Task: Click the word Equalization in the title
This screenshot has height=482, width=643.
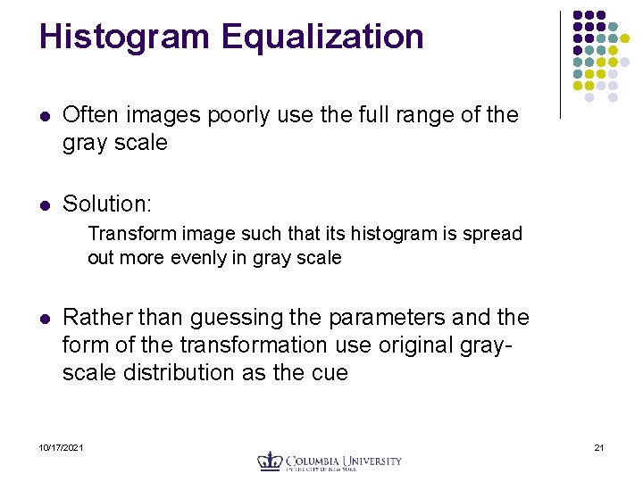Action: (322, 37)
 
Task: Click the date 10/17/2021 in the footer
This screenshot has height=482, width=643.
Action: (62, 446)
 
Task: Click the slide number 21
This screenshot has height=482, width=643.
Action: (599, 446)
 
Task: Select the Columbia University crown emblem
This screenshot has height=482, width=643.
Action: (270, 461)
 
